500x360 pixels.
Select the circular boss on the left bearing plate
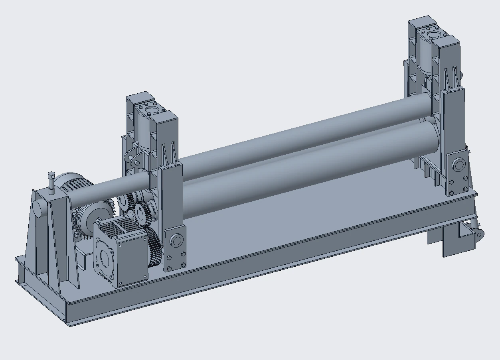(176, 240)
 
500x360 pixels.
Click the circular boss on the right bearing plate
(458, 165)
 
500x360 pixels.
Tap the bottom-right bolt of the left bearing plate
(183, 265)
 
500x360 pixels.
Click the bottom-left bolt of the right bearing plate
(451, 193)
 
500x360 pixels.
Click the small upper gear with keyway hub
(140, 211)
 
